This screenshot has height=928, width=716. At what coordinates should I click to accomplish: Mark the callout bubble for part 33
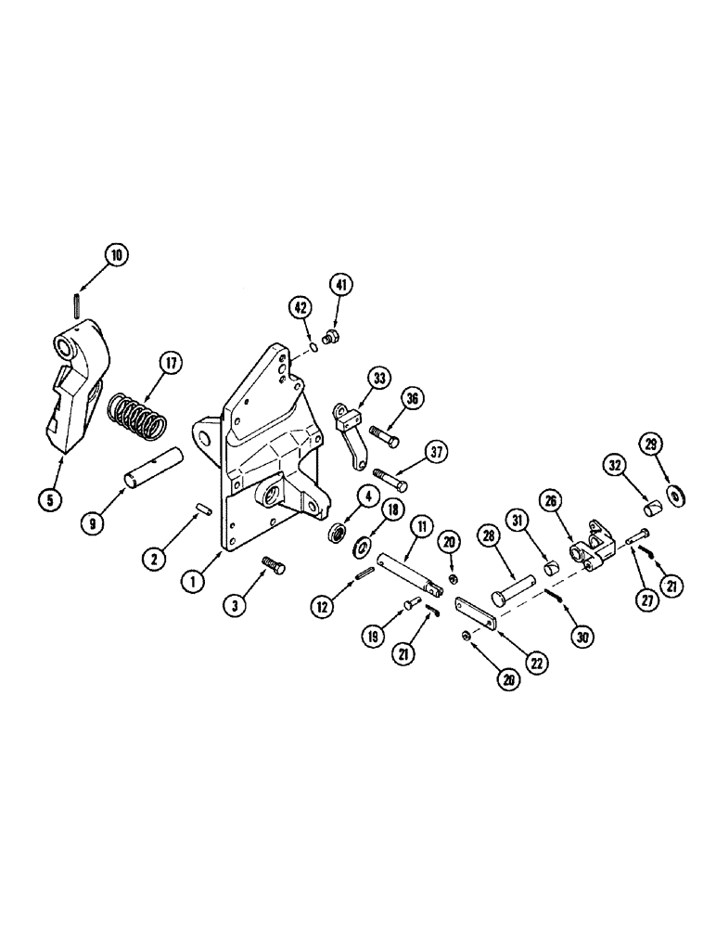[x=353, y=380]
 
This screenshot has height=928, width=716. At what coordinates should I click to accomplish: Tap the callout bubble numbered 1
[x=193, y=583]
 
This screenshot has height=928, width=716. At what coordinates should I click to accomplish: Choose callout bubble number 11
[x=421, y=527]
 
